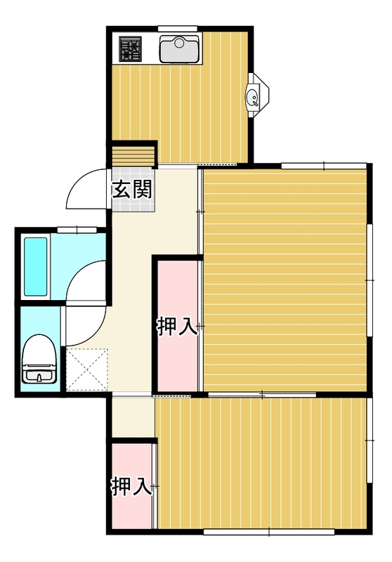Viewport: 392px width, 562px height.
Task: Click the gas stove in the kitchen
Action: click(x=131, y=48)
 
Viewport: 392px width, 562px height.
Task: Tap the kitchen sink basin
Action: click(x=179, y=48)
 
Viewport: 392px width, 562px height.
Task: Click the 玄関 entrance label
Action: click(x=132, y=190)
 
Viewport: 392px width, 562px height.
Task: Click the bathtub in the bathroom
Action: click(x=35, y=267)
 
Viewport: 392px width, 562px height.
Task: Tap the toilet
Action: click(x=39, y=359)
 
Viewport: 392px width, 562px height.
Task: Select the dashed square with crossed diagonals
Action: click(x=87, y=369)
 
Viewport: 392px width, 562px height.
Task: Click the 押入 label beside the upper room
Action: click(x=176, y=326)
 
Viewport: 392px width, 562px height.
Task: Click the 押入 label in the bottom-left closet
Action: click(x=131, y=486)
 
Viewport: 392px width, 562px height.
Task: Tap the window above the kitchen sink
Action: click(x=178, y=29)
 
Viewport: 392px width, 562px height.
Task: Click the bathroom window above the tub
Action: click(x=77, y=230)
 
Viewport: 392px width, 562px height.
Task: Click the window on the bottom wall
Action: click(x=269, y=532)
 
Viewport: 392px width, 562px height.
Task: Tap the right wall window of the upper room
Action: click(x=370, y=280)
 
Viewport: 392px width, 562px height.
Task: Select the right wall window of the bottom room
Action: click(x=370, y=440)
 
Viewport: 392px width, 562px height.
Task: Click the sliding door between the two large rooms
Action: click(x=262, y=395)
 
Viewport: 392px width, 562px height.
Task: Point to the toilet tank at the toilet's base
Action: click(x=39, y=374)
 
